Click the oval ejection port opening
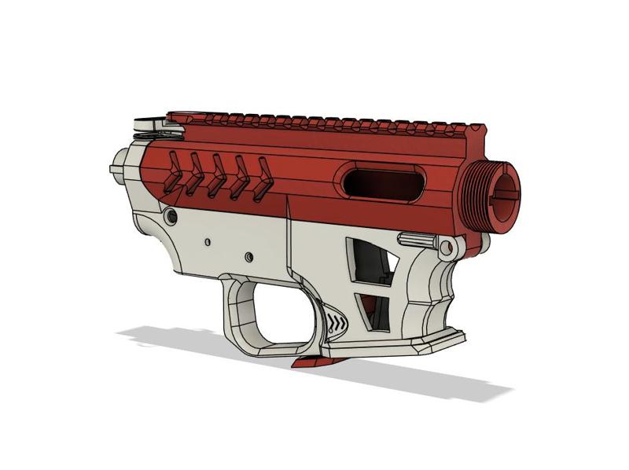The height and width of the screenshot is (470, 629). tap(383, 184)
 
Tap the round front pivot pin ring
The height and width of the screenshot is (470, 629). tap(447, 249)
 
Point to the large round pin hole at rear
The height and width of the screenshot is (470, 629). tap(171, 215)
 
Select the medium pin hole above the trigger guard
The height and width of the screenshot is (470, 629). tap(248, 257)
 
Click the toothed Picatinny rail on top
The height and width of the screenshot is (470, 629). tap(314, 120)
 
